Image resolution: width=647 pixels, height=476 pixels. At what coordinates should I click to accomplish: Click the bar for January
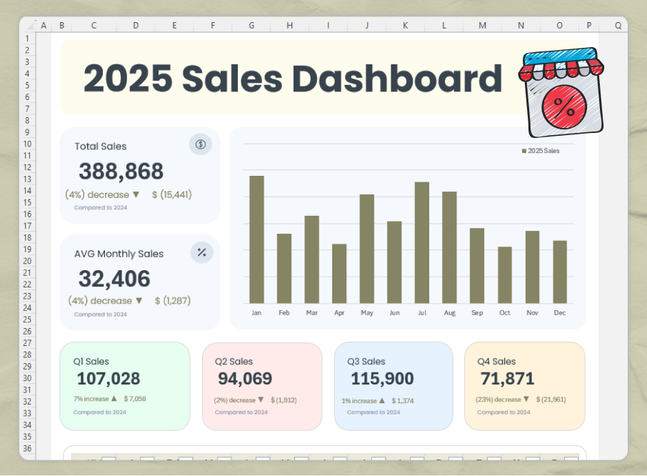[256, 239]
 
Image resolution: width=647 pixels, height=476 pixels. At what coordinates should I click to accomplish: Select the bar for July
[422, 243]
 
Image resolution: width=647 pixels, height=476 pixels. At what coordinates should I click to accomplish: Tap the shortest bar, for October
[505, 275]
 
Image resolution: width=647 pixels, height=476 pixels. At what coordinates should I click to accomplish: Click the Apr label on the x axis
[339, 313]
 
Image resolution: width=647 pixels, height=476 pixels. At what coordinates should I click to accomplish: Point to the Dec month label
[560, 313]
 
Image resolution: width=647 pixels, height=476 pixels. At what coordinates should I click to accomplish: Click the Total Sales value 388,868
[121, 172]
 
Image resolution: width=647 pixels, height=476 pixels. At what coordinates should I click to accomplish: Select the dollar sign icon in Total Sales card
[201, 144]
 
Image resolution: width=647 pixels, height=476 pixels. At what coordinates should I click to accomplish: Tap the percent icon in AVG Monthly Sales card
[201, 252]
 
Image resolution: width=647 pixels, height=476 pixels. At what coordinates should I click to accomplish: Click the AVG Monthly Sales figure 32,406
[114, 279]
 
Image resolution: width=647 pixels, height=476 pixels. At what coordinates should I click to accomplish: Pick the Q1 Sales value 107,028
[109, 379]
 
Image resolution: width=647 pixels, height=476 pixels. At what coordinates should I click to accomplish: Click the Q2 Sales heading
[234, 362]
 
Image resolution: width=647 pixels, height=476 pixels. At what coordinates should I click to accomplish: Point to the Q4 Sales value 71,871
[506, 379]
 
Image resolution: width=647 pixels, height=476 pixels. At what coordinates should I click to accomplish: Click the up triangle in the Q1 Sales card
[114, 399]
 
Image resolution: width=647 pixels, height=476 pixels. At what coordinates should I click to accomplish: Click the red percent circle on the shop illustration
[563, 107]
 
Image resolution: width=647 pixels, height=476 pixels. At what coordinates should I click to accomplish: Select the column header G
[251, 26]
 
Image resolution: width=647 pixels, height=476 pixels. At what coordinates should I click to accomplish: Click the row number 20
[27, 261]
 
